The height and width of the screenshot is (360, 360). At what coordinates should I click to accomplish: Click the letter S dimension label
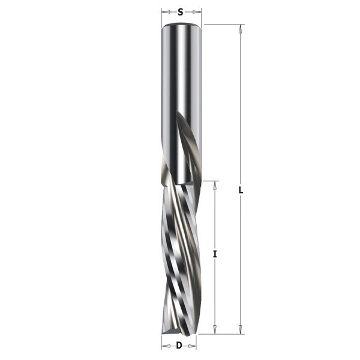click(x=181, y=12)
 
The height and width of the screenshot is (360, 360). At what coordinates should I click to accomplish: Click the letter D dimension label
click(x=179, y=345)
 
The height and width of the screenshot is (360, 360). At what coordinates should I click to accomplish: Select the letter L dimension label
click(x=241, y=190)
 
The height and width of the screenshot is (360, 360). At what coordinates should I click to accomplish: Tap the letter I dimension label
click(x=215, y=254)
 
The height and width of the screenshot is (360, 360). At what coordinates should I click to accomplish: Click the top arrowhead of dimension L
click(x=241, y=28)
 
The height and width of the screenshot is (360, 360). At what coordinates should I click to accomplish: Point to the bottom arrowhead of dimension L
click(x=241, y=330)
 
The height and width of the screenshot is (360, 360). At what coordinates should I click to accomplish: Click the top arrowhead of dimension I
click(x=215, y=185)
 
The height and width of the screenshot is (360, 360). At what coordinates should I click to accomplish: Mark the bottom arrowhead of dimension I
click(x=215, y=330)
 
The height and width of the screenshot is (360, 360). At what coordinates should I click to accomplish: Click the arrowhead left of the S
click(x=166, y=12)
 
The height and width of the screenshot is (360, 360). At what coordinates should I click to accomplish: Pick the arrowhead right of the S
click(x=197, y=12)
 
